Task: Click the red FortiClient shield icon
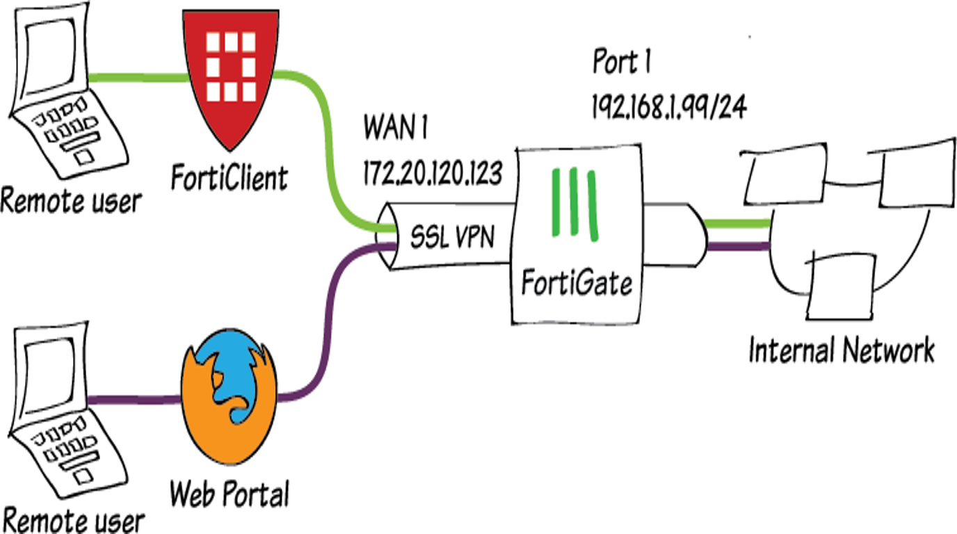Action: [x=229, y=77]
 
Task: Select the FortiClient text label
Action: [x=229, y=178]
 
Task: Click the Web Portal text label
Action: [x=229, y=496]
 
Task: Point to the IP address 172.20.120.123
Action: [x=431, y=173]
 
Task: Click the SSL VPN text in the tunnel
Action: [x=451, y=238]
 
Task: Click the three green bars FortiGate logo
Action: [x=574, y=205]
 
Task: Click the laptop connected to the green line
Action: [x=63, y=90]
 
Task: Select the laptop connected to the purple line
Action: [x=63, y=410]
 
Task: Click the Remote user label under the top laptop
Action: [x=70, y=201]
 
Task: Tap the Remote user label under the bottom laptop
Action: [x=73, y=519]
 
